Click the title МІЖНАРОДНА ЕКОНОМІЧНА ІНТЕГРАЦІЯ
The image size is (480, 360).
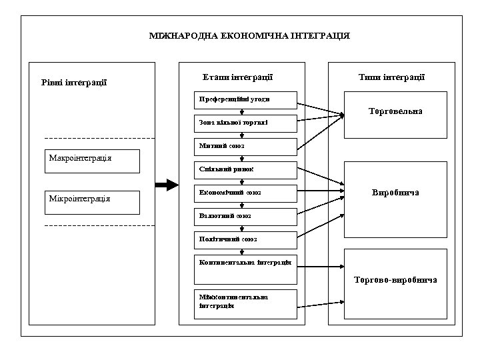coord(249,35)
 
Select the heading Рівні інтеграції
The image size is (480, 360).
coord(74,83)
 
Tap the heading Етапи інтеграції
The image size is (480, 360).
coord(237,77)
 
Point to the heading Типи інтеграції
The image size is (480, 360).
coord(391,77)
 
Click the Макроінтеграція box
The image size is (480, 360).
coord(93,161)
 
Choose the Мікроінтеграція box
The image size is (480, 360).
coord(93,202)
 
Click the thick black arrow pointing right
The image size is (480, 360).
coord(167,184)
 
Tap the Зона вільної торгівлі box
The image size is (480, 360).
coord(245,123)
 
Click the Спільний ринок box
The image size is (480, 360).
coord(245,170)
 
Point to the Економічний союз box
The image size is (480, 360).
coord(245,193)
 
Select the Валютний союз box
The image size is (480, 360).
coord(245,217)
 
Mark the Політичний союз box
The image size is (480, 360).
coord(245,239)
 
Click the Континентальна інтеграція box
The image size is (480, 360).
coord(245,265)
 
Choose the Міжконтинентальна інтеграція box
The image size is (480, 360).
coord(245,303)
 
